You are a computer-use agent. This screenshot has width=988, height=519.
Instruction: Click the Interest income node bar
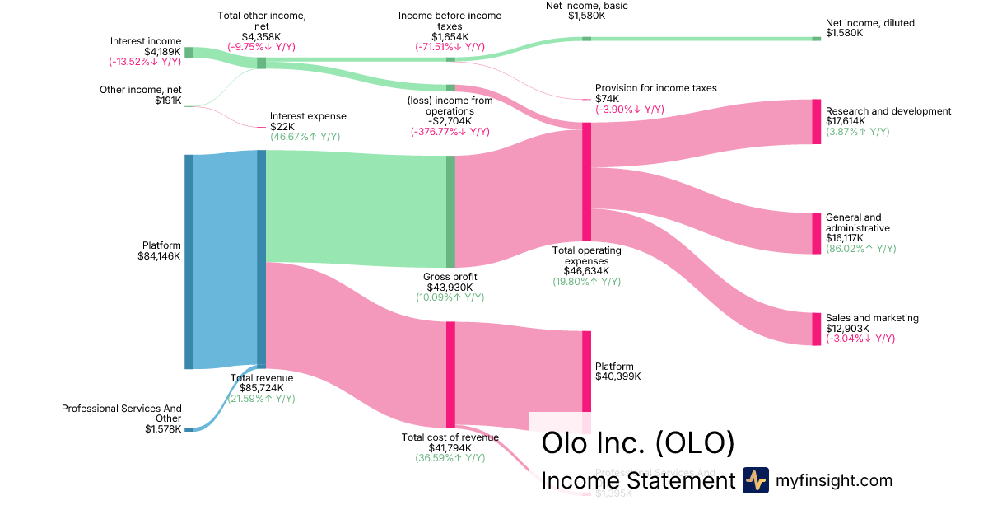[189, 53]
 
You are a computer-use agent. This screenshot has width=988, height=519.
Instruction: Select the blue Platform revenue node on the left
[189, 261]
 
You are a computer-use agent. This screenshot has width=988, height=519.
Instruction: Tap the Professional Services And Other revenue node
[189, 429]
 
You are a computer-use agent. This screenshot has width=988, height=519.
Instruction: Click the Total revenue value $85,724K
[261, 389]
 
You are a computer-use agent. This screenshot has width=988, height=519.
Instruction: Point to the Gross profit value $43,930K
[450, 287]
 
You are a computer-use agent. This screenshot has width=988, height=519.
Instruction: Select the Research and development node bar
[817, 121]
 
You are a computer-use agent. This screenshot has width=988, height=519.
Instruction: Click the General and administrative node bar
[817, 233]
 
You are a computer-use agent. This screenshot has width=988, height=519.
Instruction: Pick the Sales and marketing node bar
[817, 329]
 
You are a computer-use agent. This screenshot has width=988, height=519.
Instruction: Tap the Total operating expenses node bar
[586, 181]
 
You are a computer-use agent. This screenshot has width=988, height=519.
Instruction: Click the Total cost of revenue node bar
[450, 374]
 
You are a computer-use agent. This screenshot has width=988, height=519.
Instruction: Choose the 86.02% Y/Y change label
[860, 249]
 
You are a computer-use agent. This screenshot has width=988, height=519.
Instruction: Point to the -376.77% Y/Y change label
[450, 131]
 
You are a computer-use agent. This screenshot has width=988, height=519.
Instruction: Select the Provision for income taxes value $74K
[607, 99]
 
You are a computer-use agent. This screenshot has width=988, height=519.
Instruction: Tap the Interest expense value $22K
[281, 127]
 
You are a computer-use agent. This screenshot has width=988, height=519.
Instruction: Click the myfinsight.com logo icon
[755, 480]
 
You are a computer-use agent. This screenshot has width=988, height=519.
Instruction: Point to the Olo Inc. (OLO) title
[637, 442]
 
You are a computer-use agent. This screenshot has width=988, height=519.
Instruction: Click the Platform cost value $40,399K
[617, 376]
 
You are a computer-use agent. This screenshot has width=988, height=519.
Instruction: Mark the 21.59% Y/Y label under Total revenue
[261, 399]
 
